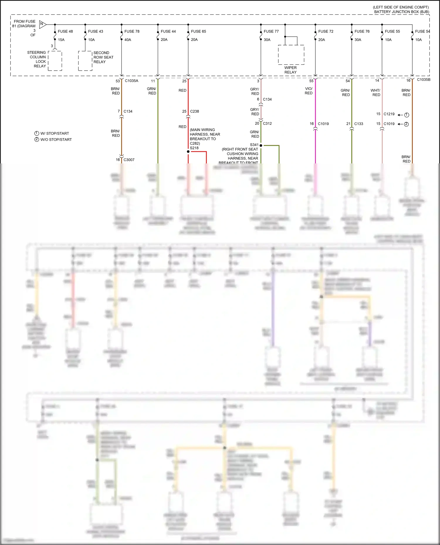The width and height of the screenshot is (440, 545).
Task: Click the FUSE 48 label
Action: point(65,31)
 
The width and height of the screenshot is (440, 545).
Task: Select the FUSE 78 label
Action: point(132,31)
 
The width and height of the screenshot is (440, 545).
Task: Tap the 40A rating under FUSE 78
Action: point(128,40)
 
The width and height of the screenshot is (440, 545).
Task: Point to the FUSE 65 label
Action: point(198,31)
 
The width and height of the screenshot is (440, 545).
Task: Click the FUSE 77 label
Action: point(271,31)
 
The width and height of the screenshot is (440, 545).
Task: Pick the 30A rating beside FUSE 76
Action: point(358,40)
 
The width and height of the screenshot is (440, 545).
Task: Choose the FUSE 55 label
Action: point(392,31)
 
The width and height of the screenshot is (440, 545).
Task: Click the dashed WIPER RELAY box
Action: point(291,55)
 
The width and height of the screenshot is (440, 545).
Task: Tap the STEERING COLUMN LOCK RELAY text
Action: point(37,59)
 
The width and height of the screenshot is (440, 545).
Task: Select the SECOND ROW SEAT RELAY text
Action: point(103,57)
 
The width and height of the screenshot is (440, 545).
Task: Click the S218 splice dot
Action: point(188,152)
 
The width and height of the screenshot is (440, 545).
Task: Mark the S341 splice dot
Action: point(261,145)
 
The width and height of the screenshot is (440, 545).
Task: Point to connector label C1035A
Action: point(131,81)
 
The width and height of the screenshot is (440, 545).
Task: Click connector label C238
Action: point(194,111)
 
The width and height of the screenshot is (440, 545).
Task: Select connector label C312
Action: point(267,124)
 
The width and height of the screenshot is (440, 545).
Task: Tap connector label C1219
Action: point(389,114)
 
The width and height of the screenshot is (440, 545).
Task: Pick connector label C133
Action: point(358,124)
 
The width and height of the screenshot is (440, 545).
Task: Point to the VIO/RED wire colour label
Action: point(309,91)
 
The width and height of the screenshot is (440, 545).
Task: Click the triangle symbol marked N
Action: point(42,24)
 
